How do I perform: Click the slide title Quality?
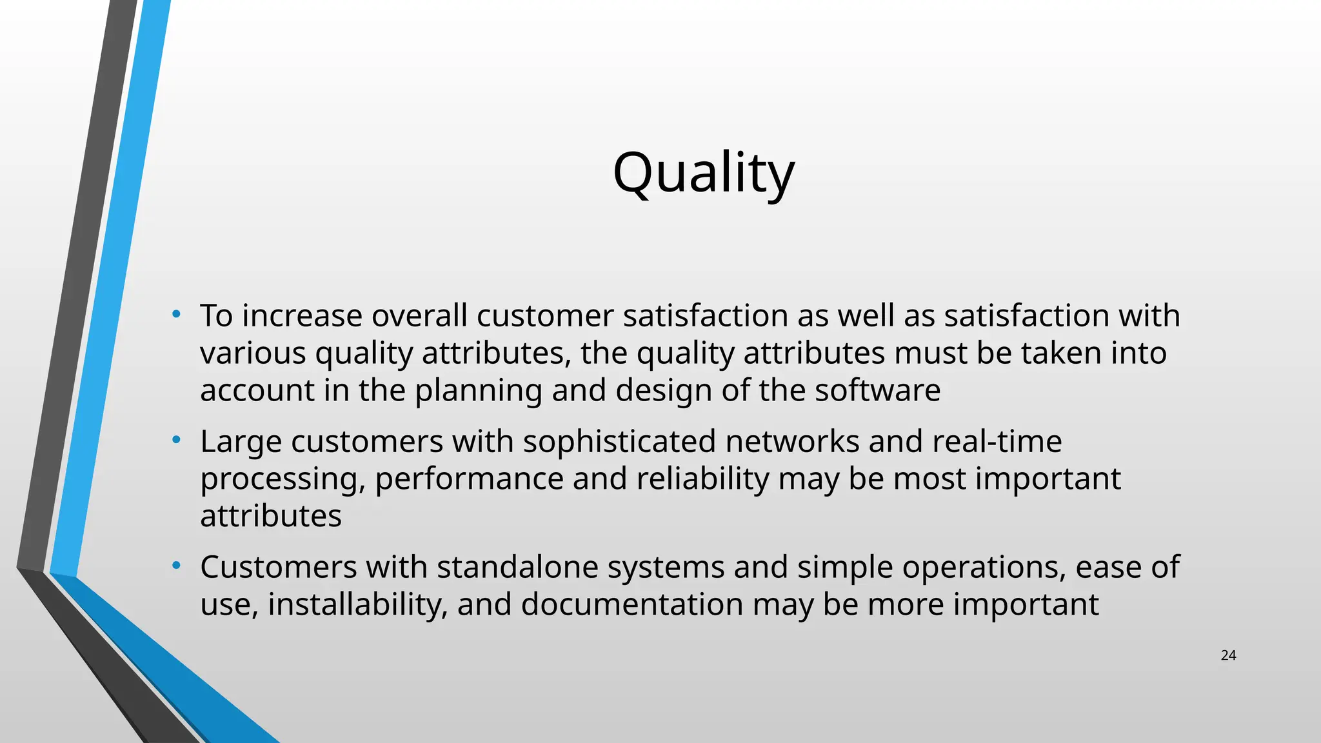click(x=703, y=173)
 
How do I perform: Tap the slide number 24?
click(x=1228, y=656)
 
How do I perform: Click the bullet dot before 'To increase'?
click(x=176, y=315)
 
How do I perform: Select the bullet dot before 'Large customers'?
click(x=176, y=441)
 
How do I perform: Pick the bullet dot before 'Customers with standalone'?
click(x=176, y=566)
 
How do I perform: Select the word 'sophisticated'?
click(x=619, y=442)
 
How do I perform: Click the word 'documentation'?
click(x=632, y=604)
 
